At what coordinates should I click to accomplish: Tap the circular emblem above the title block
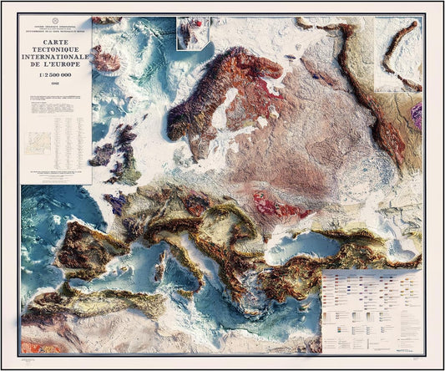point(55,20)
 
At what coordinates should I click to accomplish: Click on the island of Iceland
point(106,59)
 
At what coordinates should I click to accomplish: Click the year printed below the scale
point(55,86)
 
